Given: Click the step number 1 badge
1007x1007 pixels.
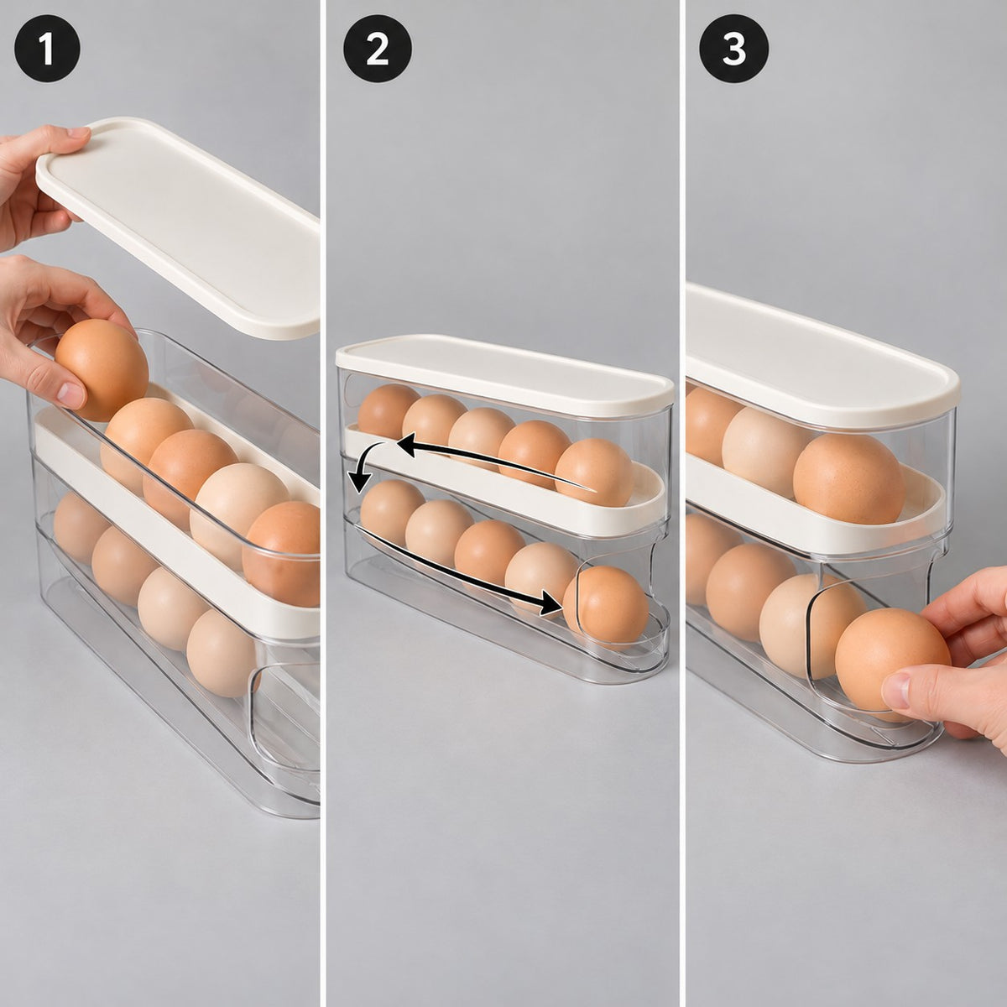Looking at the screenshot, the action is coord(47,50).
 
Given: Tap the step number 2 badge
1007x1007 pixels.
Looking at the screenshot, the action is coord(378,50).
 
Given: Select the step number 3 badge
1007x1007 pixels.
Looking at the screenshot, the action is coord(733,50).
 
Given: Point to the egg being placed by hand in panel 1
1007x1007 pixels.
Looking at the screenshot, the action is coord(102,370).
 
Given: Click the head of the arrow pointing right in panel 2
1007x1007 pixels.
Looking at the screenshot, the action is coord(552,603).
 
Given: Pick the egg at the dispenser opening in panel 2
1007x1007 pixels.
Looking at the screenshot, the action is coord(605,606).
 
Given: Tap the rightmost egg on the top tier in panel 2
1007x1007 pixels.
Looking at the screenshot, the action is coord(593,472).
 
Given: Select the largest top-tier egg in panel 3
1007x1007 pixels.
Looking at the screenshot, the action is coord(848,478).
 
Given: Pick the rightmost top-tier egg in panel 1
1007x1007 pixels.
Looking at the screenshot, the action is coord(282,554).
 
